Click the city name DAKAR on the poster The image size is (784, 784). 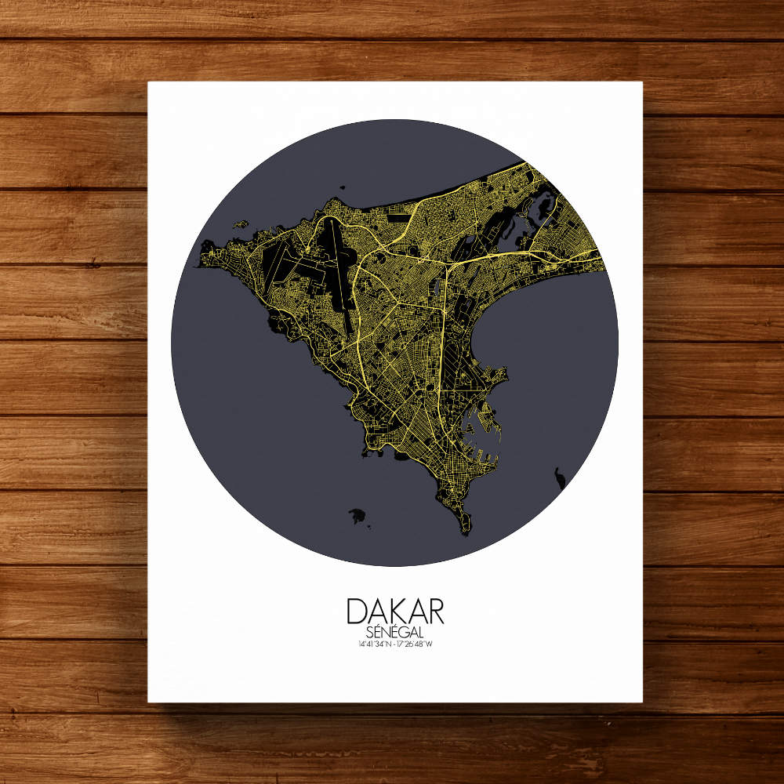[395, 612]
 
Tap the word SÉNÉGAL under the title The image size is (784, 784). [395, 632]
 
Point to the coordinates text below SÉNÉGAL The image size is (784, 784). [395, 644]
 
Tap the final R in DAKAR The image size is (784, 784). [435, 612]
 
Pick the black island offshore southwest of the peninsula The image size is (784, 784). [358, 516]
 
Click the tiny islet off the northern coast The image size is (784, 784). [343, 188]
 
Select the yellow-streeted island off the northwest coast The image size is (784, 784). [241, 225]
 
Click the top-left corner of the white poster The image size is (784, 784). [148, 82]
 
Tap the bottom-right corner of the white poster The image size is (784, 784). [641, 701]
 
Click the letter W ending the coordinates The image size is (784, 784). [430, 644]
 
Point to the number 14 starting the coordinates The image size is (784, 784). [359, 644]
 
